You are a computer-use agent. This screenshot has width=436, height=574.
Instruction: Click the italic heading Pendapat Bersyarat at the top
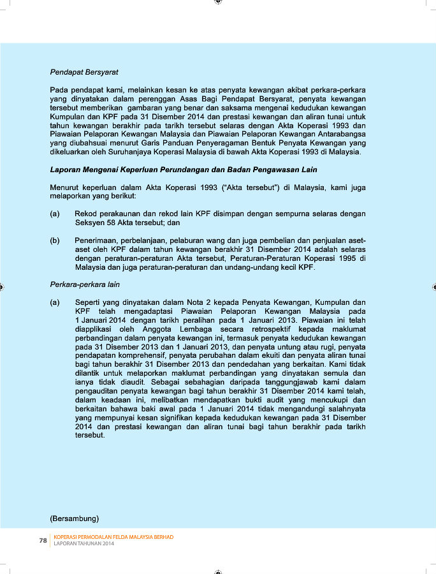pos(84,72)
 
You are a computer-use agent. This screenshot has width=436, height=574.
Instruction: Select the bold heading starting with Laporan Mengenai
pos(183,170)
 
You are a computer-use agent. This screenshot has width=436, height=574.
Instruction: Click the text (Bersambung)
pos(75,517)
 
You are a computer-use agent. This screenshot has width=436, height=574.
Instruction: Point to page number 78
pos(43,540)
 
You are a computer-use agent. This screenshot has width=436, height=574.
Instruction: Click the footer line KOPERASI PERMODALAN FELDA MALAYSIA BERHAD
pos(113,537)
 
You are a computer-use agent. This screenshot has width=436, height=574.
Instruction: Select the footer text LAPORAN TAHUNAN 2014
pos(84,544)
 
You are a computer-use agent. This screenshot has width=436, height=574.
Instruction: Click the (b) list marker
pos(55,241)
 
